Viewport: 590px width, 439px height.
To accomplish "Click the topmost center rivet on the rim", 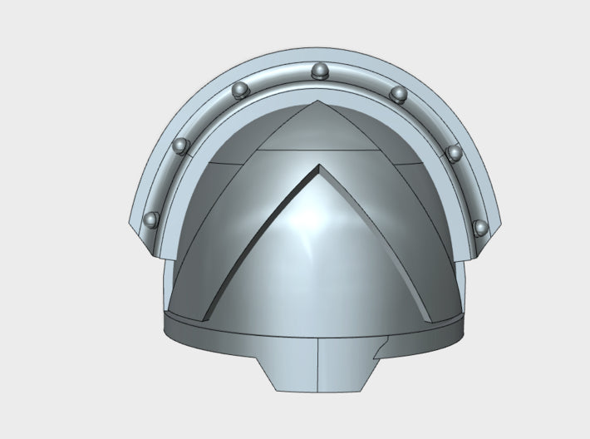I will click(x=319, y=72).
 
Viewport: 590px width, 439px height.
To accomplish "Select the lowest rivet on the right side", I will click(x=479, y=227).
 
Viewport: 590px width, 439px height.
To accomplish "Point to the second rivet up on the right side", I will click(x=454, y=153).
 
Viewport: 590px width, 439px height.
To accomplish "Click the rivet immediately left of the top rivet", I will click(x=240, y=89).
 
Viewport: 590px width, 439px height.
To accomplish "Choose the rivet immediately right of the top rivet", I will click(x=398, y=93).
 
